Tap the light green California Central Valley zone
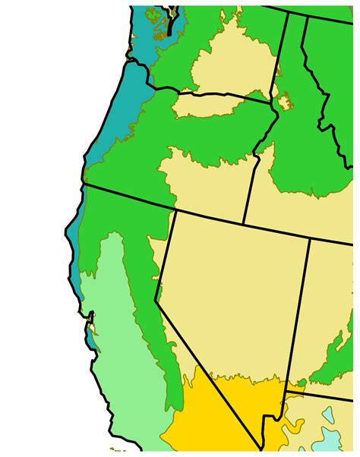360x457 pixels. pyautogui.click(x=122, y=334)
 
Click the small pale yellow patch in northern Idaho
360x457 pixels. pyautogui.click(x=286, y=101)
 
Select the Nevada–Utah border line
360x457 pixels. pyautogui.click(x=298, y=311)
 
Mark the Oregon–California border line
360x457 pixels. pyautogui.click(x=129, y=197)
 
